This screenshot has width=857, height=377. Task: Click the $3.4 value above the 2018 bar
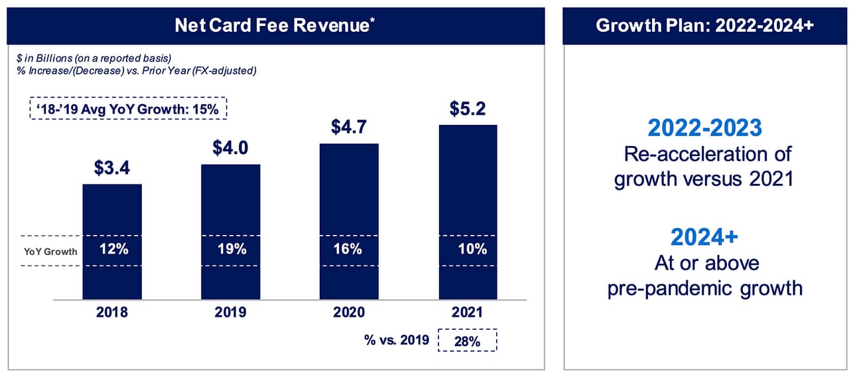[111, 169]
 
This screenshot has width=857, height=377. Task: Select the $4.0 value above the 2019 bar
[230, 147]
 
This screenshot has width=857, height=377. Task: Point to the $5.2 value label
[468, 108]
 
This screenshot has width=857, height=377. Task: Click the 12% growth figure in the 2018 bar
[111, 250]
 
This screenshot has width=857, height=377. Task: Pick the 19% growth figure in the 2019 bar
[230, 250]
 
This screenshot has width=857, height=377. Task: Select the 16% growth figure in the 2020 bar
[349, 250]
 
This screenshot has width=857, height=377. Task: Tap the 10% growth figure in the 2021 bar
[468, 250]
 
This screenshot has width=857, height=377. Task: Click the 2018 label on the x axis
[111, 312]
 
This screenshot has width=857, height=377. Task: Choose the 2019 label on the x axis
[230, 312]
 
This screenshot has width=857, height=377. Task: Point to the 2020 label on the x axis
[349, 312]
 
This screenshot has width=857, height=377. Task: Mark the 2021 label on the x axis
[468, 312]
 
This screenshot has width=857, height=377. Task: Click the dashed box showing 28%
[468, 340]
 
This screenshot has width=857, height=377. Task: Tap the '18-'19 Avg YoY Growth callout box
[129, 109]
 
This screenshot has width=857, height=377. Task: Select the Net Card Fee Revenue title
[273, 26]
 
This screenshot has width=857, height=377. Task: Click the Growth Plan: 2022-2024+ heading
[704, 26]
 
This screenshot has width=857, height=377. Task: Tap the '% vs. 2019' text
[396, 340]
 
